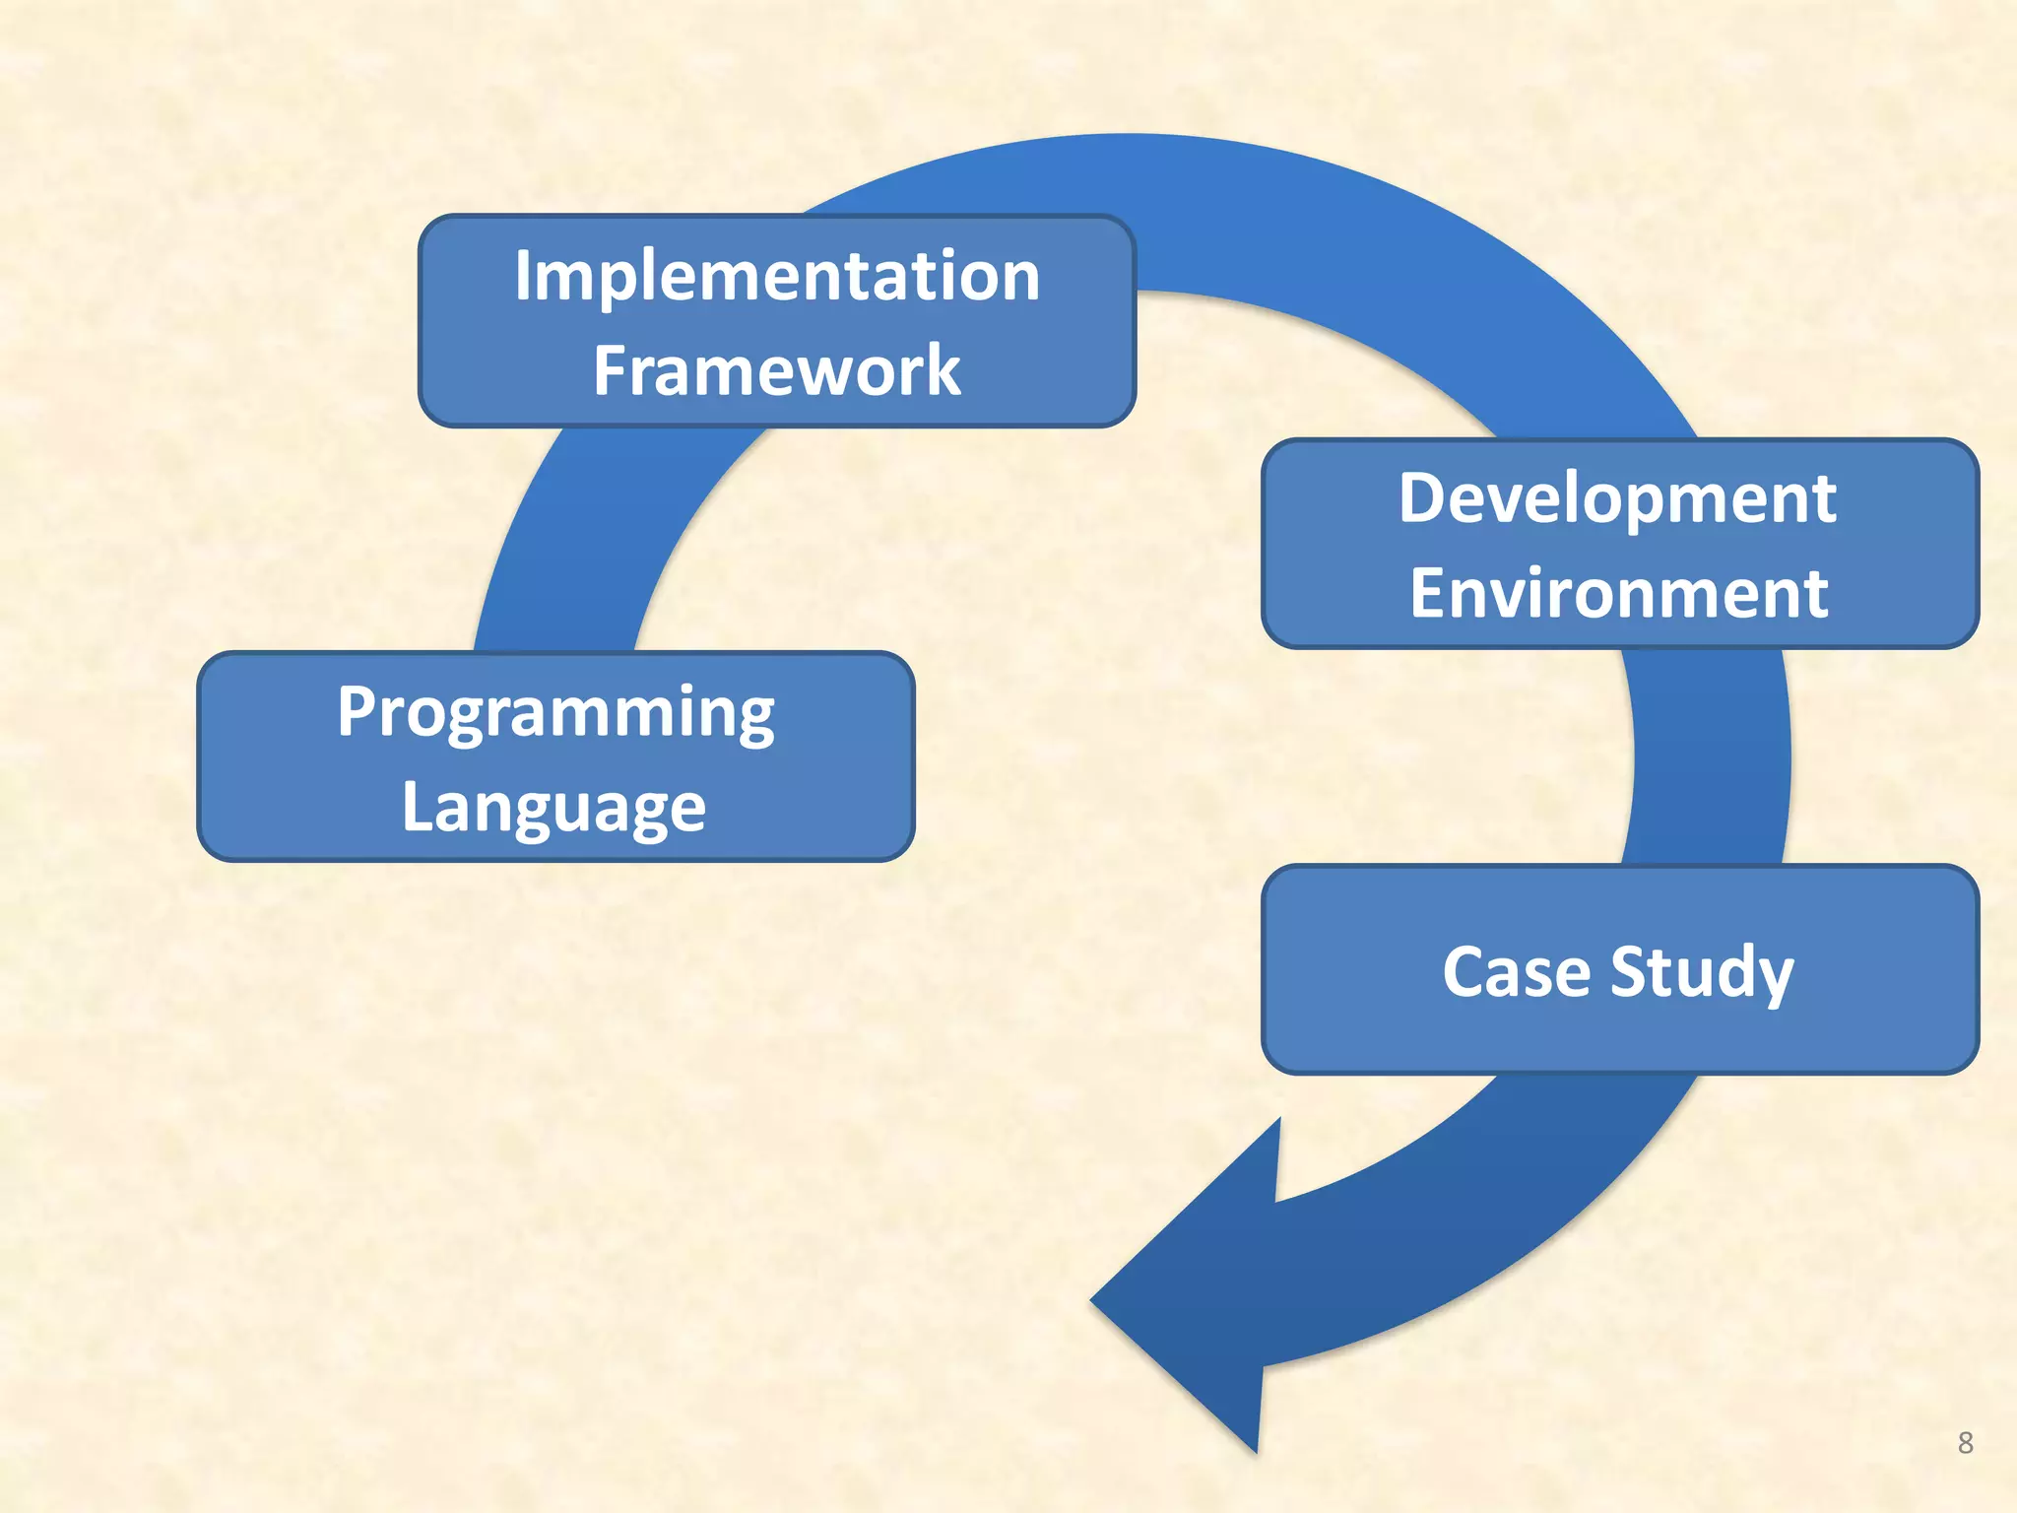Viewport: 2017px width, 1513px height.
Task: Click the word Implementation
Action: [x=777, y=276]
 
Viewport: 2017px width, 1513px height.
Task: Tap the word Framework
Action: [x=777, y=371]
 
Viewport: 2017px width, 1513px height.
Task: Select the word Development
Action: [x=1617, y=498]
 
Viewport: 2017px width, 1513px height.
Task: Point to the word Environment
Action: [x=1619, y=594]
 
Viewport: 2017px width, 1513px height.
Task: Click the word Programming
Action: [x=555, y=713]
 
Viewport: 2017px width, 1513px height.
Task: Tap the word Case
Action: [x=1516, y=972]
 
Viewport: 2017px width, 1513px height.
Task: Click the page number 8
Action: [x=1965, y=1443]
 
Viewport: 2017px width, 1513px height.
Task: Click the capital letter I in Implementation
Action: [x=523, y=276]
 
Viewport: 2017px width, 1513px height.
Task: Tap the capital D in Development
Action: [x=1422, y=498]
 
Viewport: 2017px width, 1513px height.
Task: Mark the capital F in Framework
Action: [x=610, y=371]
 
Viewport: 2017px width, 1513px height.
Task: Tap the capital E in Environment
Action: [x=1426, y=594]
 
